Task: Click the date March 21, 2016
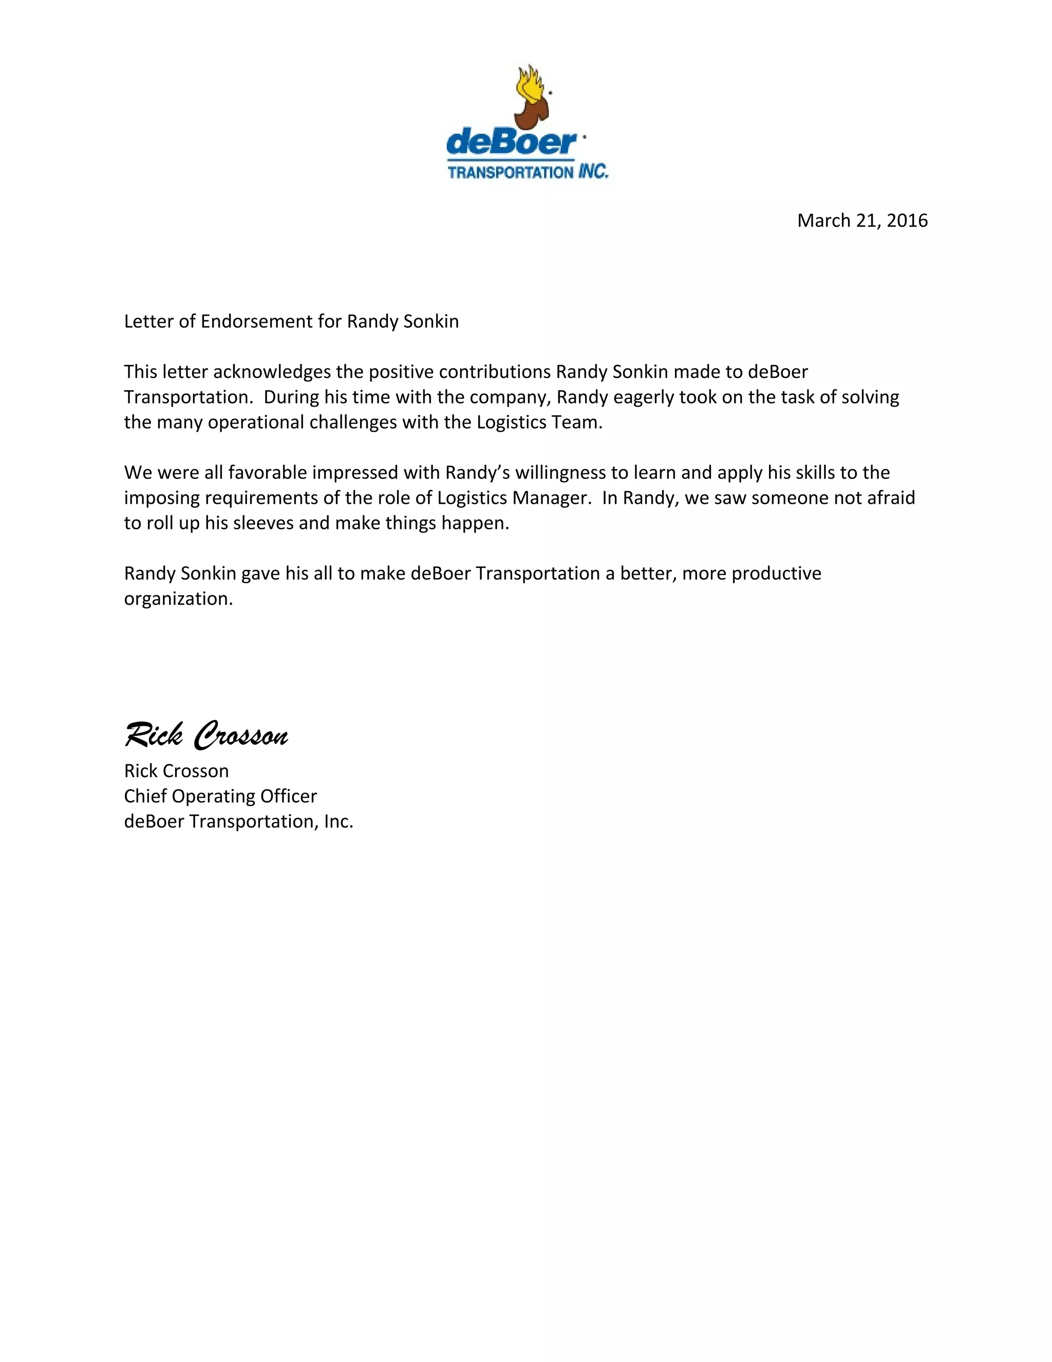pos(862,221)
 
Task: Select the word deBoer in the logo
pos(511,143)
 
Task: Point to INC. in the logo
pos(592,172)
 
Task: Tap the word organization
pos(178,599)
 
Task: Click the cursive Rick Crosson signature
pos(206,735)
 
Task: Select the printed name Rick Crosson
pos(176,771)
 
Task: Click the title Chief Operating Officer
pos(220,796)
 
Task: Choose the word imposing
pos(161,498)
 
